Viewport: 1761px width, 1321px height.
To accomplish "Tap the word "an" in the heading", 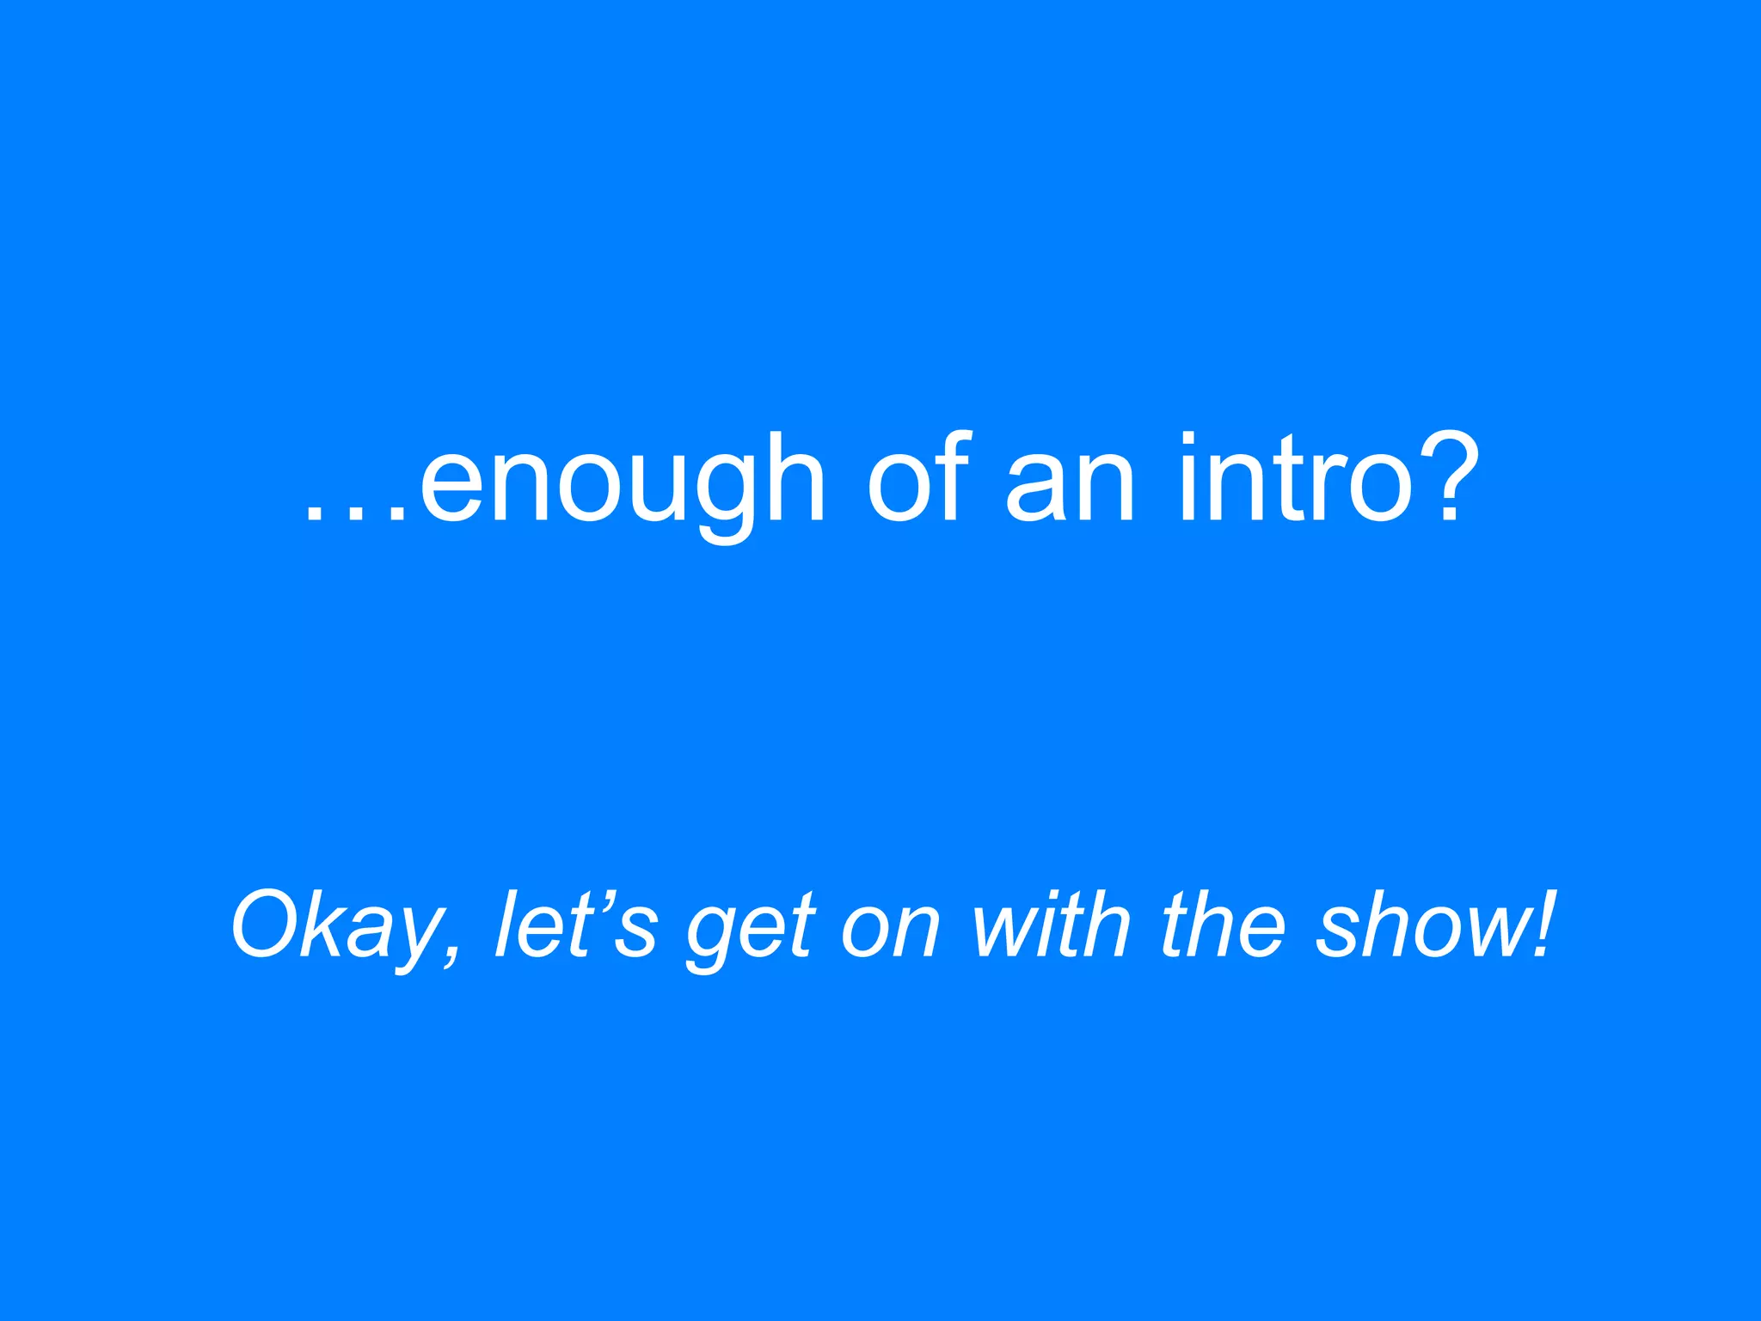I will pos(1071,487).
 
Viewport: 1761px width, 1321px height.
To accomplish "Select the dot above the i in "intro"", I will pos(1187,439).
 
